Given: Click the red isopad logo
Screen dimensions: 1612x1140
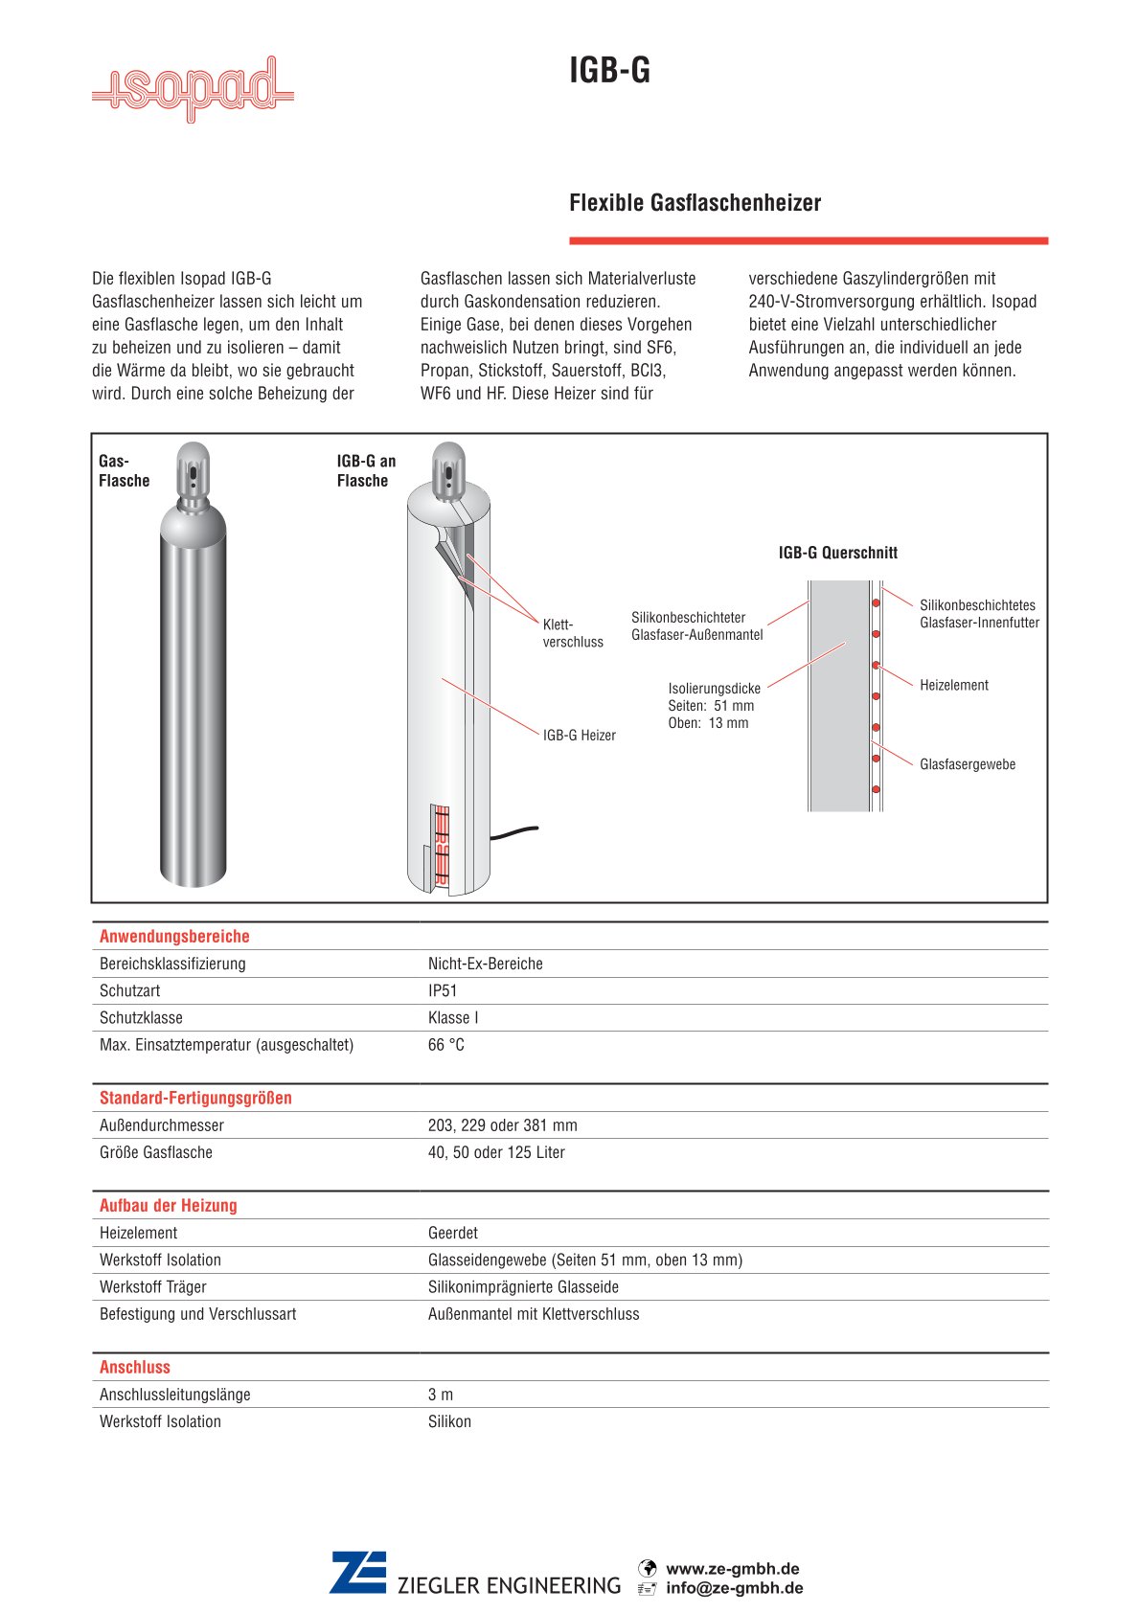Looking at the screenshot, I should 193,90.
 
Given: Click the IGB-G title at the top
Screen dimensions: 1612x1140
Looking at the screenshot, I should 609,71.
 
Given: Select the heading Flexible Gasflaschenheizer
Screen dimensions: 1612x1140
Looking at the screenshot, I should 695,203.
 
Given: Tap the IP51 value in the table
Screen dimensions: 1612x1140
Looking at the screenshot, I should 443,991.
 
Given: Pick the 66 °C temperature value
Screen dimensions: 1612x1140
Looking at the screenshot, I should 446,1045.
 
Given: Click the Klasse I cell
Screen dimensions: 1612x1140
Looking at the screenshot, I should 453,1018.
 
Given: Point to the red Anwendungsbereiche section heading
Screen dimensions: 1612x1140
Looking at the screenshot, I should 174,937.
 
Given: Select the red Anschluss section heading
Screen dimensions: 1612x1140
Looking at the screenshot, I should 135,1368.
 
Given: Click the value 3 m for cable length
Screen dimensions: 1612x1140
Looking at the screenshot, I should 441,1395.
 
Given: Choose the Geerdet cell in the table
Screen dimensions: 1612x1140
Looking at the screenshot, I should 453,1234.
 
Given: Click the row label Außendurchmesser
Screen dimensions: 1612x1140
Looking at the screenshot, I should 162,1125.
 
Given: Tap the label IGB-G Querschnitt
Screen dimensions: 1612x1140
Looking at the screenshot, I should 837,553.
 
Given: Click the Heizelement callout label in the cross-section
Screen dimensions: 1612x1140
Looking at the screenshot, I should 953,686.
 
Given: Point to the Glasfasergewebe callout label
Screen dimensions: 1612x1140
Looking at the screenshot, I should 967,765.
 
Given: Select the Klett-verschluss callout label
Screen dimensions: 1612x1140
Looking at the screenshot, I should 573,633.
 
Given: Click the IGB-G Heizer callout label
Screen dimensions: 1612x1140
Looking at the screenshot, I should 579,736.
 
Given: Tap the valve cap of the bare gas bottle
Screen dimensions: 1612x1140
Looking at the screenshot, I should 193,466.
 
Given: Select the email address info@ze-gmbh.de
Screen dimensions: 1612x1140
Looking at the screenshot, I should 734,1588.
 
